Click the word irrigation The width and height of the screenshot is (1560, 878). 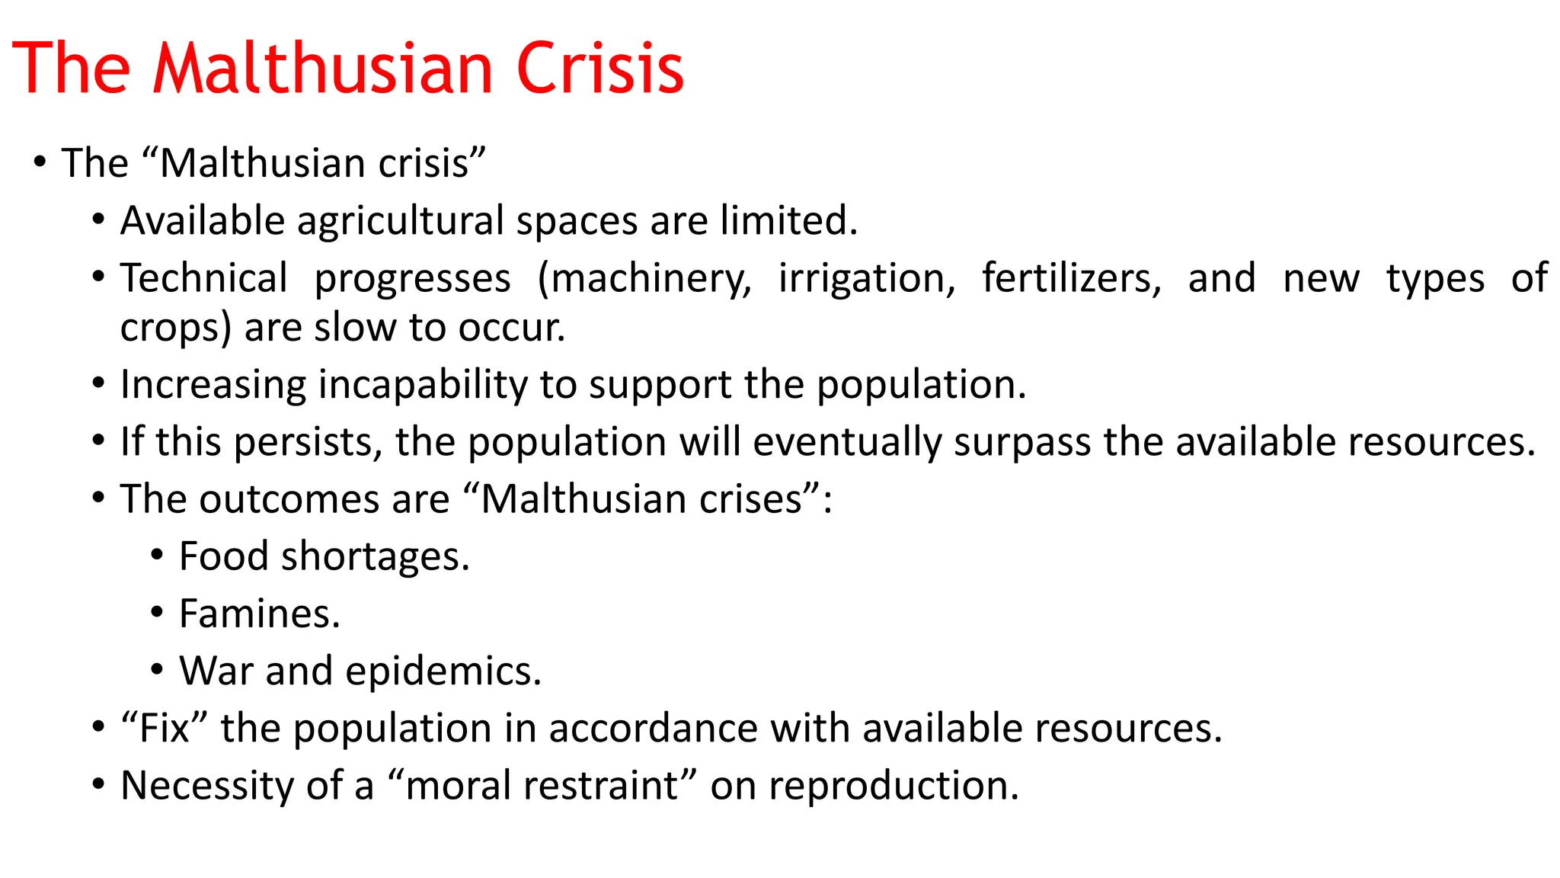point(866,279)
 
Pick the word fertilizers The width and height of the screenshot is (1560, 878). point(1071,279)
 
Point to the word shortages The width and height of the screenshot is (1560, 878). point(375,557)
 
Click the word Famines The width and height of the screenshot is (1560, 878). point(259,614)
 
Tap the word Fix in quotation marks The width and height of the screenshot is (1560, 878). point(165,728)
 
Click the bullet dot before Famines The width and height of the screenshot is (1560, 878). point(157,612)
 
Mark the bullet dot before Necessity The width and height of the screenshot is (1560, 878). point(98,784)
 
